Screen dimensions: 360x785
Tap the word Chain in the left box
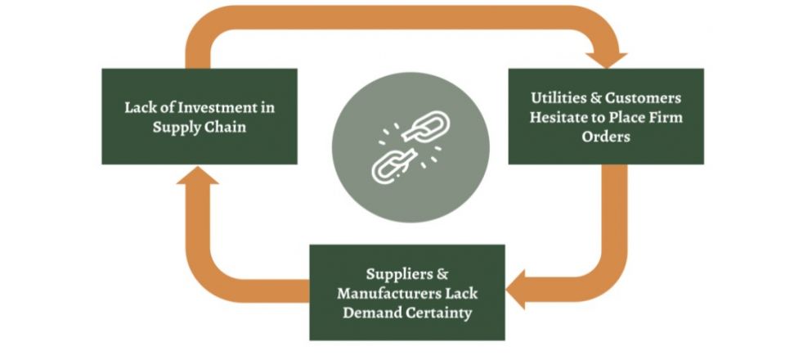coord(225,128)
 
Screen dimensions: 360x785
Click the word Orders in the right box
coord(605,137)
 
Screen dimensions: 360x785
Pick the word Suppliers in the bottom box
coord(394,273)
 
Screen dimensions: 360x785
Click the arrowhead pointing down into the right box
coord(606,59)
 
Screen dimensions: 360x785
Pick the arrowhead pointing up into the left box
coord(199,174)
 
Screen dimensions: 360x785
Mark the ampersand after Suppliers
coord(442,273)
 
